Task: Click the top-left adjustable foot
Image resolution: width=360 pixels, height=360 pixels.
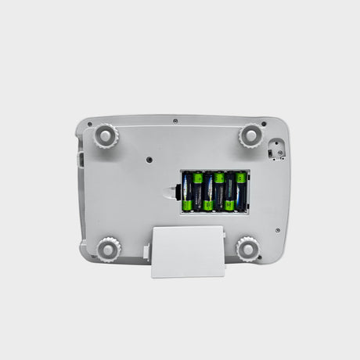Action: pyautogui.click(x=104, y=136)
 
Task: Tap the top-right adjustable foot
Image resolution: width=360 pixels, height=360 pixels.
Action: pyautogui.click(x=250, y=135)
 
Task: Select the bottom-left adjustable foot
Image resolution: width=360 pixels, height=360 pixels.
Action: pyautogui.click(x=109, y=250)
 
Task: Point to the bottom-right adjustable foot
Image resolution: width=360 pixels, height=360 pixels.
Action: pyautogui.click(x=248, y=249)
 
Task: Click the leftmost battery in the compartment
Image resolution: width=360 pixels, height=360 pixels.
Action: pyautogui.click(x=188, y=193)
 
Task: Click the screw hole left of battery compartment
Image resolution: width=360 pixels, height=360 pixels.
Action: pyautogui.click(x=149, y=159)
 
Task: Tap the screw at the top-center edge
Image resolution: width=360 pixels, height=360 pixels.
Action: pyautogui.click(x=175, y=121)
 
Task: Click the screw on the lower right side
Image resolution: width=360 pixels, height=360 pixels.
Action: pyautogui.click(x=278, y=230)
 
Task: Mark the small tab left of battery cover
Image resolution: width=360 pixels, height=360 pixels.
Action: pyautogui.click(x=146, y=252)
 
